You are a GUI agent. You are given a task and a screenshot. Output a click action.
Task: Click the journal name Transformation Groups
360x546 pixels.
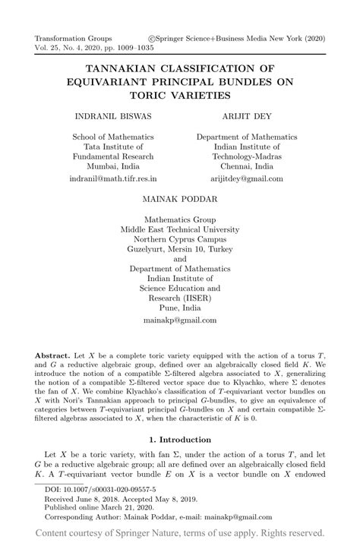[x=73, y=38]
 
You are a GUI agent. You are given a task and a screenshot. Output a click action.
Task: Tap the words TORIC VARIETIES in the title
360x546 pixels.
[x=179, y=96]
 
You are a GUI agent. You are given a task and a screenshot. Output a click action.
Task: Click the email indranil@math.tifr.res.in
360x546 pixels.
[x=112, y=178]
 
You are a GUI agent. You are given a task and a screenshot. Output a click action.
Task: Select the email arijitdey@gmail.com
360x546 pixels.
[x=246, y=178]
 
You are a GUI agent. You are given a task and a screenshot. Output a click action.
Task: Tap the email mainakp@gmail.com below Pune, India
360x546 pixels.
[x=180, y=320]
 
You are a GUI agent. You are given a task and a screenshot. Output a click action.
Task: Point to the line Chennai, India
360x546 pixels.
[x=246, y=166]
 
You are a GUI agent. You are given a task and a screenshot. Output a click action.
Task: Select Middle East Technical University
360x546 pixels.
[x=180, y=228]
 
